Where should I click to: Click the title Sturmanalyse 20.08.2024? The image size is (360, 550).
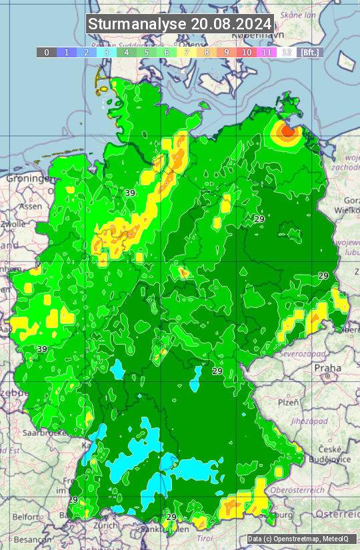tap(180, 24)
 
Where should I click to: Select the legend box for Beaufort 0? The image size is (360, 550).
tap(46, 52)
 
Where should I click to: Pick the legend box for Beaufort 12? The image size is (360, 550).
tap(286, 52)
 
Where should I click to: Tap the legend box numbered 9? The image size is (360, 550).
tap(227, 52)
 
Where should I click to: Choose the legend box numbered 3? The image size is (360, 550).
tap(106, 52)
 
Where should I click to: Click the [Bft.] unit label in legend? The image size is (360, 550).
tap(309, 52)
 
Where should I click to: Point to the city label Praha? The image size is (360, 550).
tap(327, 368)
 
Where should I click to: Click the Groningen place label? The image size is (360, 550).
tap(27, 179)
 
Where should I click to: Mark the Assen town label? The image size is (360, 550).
tap(29, 207)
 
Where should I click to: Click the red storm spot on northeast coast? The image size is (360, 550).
tap(287, 131)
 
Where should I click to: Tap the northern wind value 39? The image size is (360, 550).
tap(130, 193)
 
